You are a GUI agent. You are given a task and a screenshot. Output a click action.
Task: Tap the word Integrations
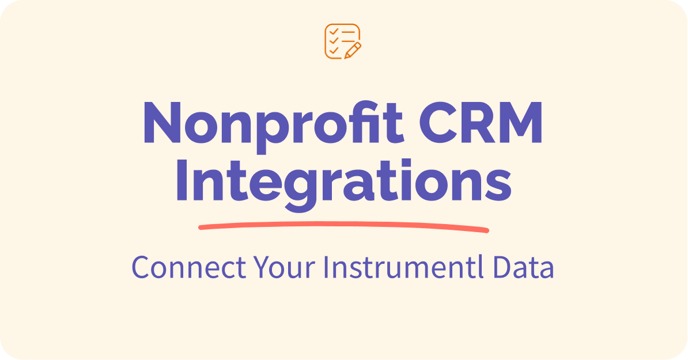click(x=343, y=181)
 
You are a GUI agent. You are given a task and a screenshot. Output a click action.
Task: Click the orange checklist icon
click(x=343, y=41)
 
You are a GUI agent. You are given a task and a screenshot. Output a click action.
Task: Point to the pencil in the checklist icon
click(x=353, y=50)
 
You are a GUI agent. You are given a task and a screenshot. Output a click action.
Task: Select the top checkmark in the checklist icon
click(x=333, y=32)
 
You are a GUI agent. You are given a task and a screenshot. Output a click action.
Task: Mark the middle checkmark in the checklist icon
click(x=333, y=40)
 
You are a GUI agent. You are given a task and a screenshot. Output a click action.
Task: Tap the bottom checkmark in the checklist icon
click(x=333, y=50)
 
